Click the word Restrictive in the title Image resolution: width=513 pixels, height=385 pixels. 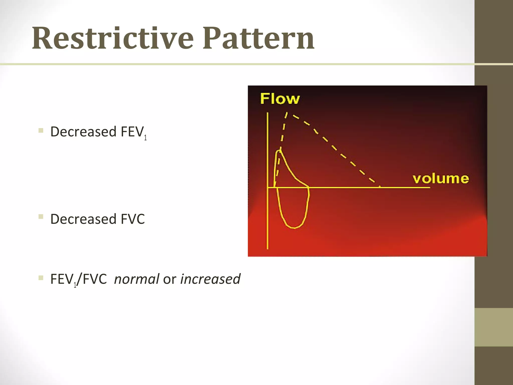pyautogui.click(x=113, y=39)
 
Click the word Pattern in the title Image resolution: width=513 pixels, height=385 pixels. pyautogui.click(x=258, y=39)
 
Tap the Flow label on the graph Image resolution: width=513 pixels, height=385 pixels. pyautogui.click(x=280, y=99)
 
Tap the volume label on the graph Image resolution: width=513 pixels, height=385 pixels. pyautogui.click(x=441, y=179)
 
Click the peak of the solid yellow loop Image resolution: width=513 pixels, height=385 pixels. pyautogui.click(x=279, y=151)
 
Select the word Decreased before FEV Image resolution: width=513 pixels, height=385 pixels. pyautogui.click(x=83, y=132)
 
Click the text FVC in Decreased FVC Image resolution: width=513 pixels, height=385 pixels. pyautogui.click(x=133, y=219)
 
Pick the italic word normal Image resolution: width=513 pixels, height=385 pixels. pyautogui.click(x=137, y=279)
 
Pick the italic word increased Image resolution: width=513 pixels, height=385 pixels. pyautogui.click(x=210, y=279)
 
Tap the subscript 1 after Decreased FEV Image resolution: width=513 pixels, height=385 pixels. pyautogui.click(x=145, y=138)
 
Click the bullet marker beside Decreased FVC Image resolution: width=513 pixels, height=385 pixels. pyautogui.click(x=41, y=217)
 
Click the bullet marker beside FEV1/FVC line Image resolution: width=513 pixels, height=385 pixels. pyautogui.click(x=41, y=278)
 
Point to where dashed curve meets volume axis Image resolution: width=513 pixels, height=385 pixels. pyautogui.click(x=379, y=187)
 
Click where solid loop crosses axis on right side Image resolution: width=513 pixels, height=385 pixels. pyautogui.click(x=309, y=187)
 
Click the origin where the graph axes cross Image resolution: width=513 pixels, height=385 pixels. pyautogui.click(x=268, y=187)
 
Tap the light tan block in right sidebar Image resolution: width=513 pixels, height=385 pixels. pyautogui.click(x=493, y=327)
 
